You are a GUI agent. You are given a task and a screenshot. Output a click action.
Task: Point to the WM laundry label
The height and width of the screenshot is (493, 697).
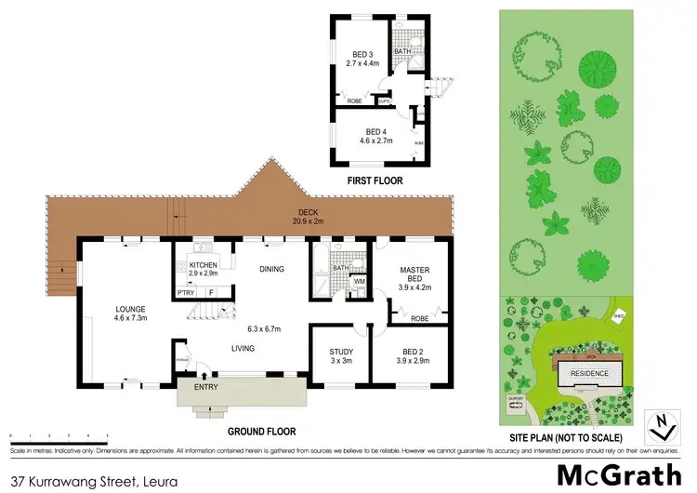[x=359, y=280]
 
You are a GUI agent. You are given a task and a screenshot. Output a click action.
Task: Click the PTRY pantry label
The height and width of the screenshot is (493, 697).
[x=186, y=293]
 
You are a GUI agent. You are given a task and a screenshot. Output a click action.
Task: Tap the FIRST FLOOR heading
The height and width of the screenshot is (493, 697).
[x=374, y=181]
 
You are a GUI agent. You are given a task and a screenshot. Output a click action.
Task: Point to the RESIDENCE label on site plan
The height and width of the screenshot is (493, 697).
[x=588, y=374]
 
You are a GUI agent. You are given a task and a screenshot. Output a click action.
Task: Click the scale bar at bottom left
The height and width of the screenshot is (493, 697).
[x=58, y=434]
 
